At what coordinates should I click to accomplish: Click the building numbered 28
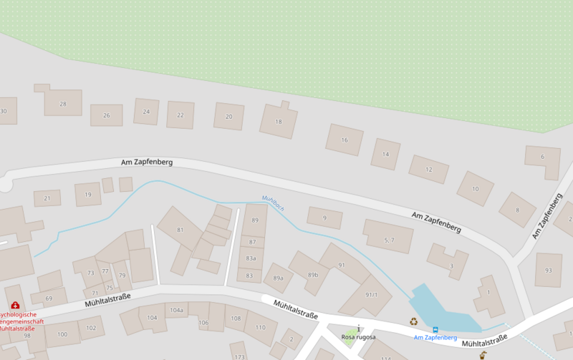[x=62, y=104]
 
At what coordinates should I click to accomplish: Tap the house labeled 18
[x=279, y=122]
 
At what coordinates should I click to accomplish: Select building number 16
[x=345, y=140]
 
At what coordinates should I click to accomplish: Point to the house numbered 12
[x=428, y=170]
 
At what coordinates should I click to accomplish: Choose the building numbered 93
[x=549, y=271]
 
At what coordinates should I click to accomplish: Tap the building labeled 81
[x=180, y=230]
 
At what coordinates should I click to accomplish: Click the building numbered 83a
[x=251, y=258]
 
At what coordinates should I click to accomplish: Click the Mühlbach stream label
[x=274, y=203]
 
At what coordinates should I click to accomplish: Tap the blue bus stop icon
[x=435, y=329]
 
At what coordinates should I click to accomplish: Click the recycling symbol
[x=413, y=321]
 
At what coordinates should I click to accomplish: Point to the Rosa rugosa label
[x=358, y=336]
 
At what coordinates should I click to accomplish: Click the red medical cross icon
[x=15, y=306]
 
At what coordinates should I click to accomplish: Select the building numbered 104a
[x=175, y=310]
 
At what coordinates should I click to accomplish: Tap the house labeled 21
[x=47, y=198]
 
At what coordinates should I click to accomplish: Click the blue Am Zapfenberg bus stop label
[x=435, y=337]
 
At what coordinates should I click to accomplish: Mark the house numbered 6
[x=542, y=157]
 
